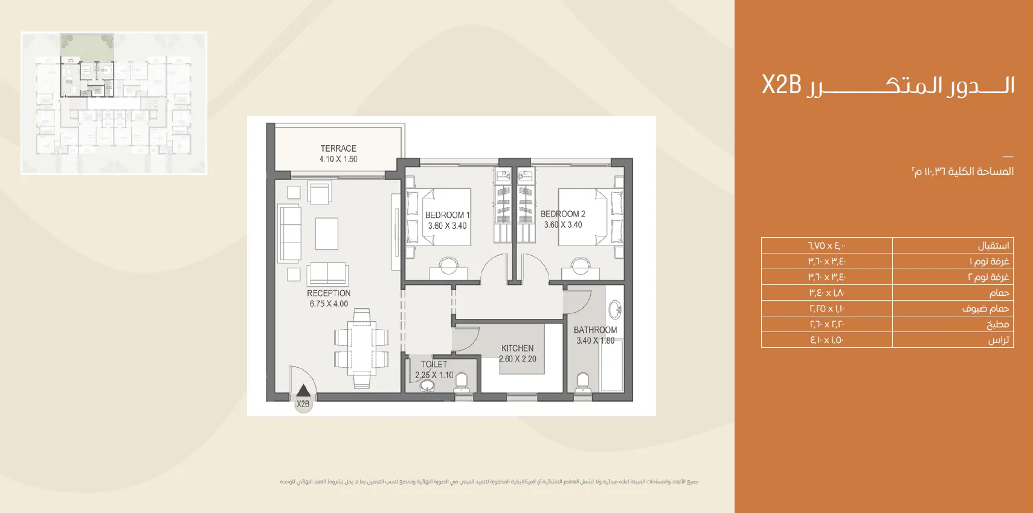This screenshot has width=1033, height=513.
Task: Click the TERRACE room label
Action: pyautogui.click(x=338, y=148)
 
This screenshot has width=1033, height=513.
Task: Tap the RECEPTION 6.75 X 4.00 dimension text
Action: pyautogui.click(x=329, y=304)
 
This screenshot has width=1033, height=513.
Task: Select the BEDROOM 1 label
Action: pyautogui.click(x=447, y=215)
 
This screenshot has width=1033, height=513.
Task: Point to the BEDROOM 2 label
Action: pyautogui.click(x=562, y=214)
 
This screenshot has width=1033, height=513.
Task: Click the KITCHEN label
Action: pyautogui.click(x=517, y=348)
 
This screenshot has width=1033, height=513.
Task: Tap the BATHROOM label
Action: pyautogui.click(x=595, y=330)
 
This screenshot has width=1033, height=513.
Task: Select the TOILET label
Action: pyautogui.click(x=434, y=364)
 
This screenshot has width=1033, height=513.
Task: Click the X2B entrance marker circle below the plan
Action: pyautogui.click(x=303, y=404)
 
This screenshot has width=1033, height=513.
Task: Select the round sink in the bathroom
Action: pyautogui.click(x=615, y=310)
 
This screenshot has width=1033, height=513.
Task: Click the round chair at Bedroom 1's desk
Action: pyautogui.click(x=448, y=264)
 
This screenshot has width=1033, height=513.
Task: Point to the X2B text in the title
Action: pyautogui.click(x=781, y=85)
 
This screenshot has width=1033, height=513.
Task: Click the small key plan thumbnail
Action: pyautogui.click(x=114, y=103)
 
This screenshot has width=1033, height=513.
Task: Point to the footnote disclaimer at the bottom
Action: pyautogui.click(x=489, y=482)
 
